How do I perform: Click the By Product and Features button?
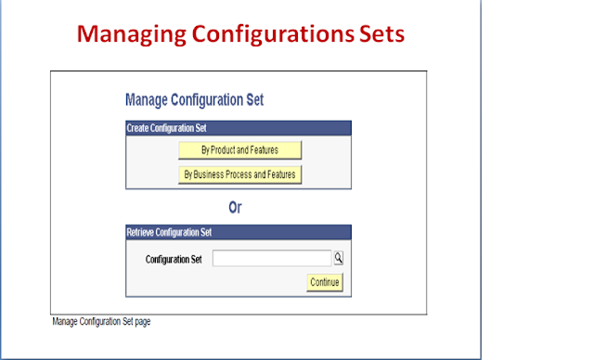coord(240,149)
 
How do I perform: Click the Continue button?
coord(325,281)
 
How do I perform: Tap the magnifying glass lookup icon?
coord(339,259)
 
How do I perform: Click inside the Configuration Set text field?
coord(271,259)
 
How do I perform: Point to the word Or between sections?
coord(236,208)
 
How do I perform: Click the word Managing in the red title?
coord(126,34)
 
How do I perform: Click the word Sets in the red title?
coord(381,34)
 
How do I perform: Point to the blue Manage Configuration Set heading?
coord(196,98)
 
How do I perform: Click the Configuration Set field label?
coord(174,259)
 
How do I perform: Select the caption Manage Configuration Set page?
coord(101,322)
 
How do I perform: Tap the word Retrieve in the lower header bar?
coord(142,232)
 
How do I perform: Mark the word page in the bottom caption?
coord(141,323)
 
